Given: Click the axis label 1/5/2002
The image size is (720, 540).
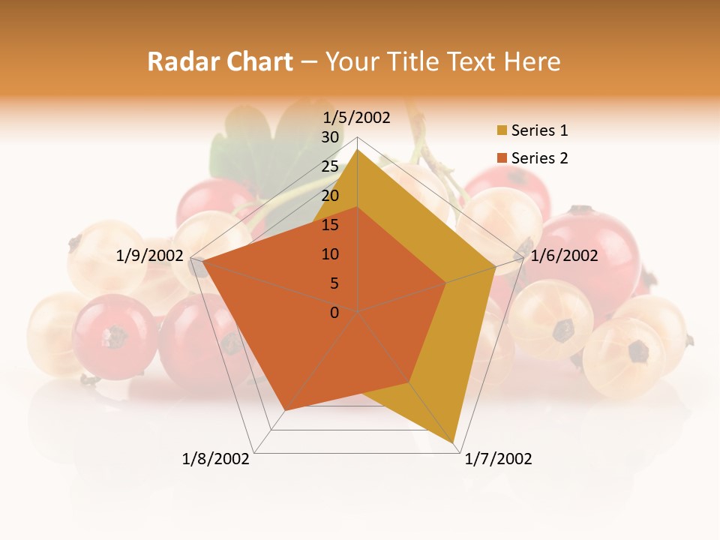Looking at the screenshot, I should (x=357, y=118).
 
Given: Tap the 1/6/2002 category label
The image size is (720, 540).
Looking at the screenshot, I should (x=564, y=256).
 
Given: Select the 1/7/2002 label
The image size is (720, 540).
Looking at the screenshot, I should (x=498, y=459).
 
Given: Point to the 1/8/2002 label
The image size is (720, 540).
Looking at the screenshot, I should (x=216, y=459).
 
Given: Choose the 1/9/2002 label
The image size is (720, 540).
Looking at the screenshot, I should (x=150, y=256).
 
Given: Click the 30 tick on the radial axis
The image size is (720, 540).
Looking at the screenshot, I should (x=330, y=137).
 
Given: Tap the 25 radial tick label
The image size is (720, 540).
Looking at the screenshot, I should (x=330, y=166).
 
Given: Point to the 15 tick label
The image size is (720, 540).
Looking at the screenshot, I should (x=330, y=225).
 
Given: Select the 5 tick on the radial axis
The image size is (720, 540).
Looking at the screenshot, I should (x=334, y=283).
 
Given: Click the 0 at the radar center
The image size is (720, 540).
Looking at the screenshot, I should (x=334, y=313).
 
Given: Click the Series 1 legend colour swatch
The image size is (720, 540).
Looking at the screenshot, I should (x=502, y=131).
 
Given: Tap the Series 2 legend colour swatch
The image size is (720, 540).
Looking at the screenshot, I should (x=502, y=158).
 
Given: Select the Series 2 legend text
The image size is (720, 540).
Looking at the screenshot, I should (x=539, y=158).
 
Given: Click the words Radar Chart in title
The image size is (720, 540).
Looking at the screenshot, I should (x=220, y=61).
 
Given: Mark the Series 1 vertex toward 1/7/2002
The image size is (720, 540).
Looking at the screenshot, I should (x=454, y=442).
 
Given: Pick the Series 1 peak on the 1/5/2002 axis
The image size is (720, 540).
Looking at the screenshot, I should (x=357, y=149).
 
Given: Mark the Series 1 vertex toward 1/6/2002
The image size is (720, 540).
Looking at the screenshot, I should (x=496, y=265).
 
